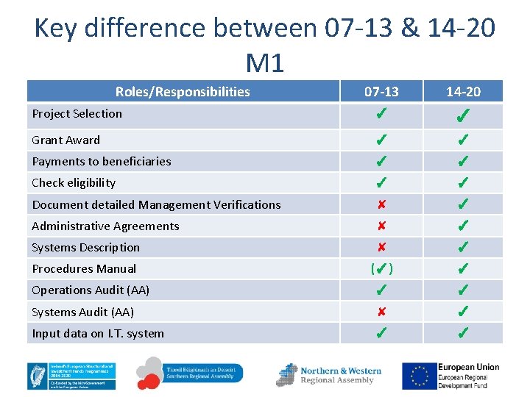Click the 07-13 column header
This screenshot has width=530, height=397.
[x=381, y=91]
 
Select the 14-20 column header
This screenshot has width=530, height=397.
[x=463, y=91]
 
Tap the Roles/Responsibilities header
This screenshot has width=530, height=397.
[x=183, y=91]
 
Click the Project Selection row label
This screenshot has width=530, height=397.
[x=77, y=113]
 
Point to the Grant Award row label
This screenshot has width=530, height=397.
[x=66, y=140]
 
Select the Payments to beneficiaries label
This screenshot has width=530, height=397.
[x=101, y=161]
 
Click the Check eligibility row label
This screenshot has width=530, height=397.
[x=74, y=182]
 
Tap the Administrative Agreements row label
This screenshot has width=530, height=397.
[x=105, y=226]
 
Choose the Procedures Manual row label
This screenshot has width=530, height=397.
[x=84, y=268]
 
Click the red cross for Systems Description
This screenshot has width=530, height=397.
[x=381, y=248]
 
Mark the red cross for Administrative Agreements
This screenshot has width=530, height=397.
[x=381, y=226]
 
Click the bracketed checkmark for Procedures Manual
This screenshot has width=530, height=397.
[x=381, y=269]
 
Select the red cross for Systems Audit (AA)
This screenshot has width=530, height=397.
[x=381, y=312]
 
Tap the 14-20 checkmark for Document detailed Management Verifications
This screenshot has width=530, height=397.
[x=463, y=204]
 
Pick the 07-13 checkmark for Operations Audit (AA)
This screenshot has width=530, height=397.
[x=381, y=290]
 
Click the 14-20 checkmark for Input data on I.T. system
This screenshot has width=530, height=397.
[x=463, y=334]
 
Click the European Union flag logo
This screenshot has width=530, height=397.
[x=418, y=375]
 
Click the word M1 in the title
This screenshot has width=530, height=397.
[x=265, y=63]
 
